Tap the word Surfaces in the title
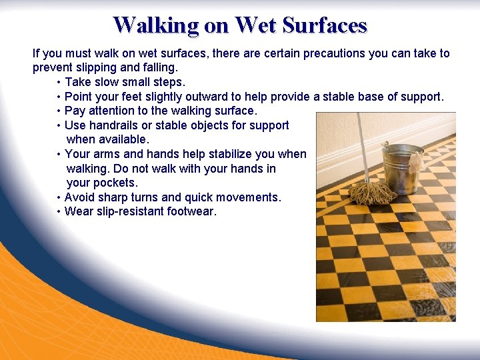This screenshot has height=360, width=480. point(325,25)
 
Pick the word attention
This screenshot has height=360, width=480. point(109,111)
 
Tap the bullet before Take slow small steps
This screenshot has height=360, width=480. point(59,82)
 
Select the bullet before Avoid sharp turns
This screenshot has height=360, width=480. point(59,197)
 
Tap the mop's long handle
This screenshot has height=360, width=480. point(363,147)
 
